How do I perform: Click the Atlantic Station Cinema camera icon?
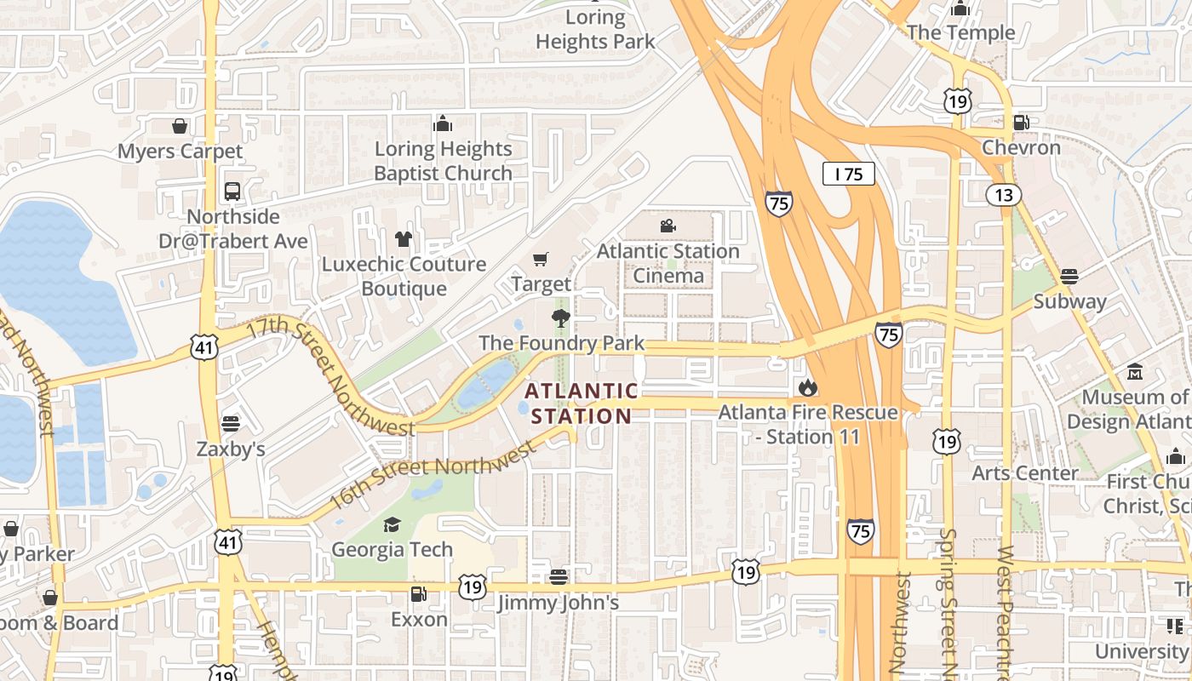coord(668,226)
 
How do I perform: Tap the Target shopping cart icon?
coord(541,259)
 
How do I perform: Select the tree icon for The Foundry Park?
coord(560,318)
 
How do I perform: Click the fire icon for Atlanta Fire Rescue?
coord(807,388)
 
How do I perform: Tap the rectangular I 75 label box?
coord(849,175)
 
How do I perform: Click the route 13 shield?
coord(1004,195)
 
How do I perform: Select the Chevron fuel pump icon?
coord(1021,123)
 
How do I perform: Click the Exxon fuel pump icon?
coord(418,594)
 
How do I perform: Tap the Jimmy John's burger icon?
coord(558,577)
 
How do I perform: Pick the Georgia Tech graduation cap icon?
coord(392,524)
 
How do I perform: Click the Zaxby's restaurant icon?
coord(231,423)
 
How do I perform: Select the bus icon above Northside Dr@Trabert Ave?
coord(232,192)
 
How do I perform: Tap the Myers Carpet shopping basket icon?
coord(180,126)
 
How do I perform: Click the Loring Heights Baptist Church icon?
coord(442,124)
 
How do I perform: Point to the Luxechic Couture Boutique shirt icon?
coord(403,239)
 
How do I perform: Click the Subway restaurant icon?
coord(1069,276)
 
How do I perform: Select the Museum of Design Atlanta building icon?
coord(1135,372)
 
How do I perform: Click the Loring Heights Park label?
coord(595,29)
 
